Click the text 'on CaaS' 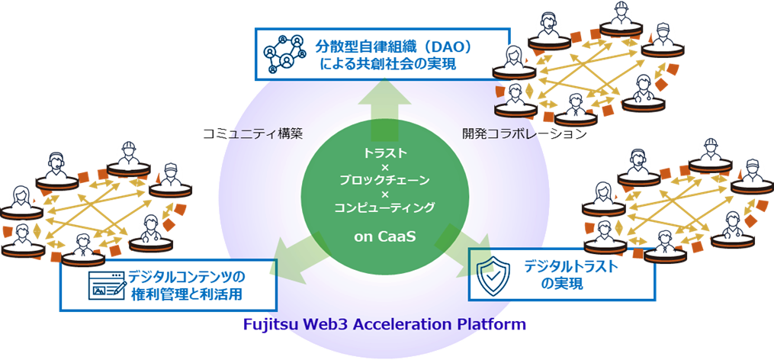tap(385, 236)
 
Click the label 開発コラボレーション tap(524, 133)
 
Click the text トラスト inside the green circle tap(385, 153)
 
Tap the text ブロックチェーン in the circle tap(385, 180)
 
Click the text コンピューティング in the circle tap(385, 207)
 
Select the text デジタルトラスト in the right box tap(570, 266)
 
